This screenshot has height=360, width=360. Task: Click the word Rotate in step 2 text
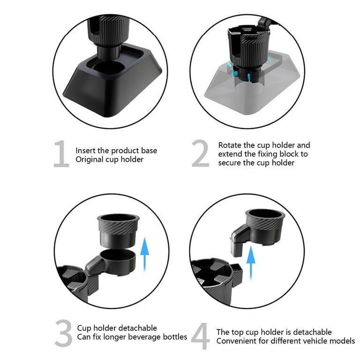point(229,145)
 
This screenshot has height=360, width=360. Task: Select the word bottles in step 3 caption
point(174,337)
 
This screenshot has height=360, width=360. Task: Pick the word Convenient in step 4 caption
point(234,341)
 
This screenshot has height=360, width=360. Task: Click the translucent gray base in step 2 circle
point(248,94)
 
